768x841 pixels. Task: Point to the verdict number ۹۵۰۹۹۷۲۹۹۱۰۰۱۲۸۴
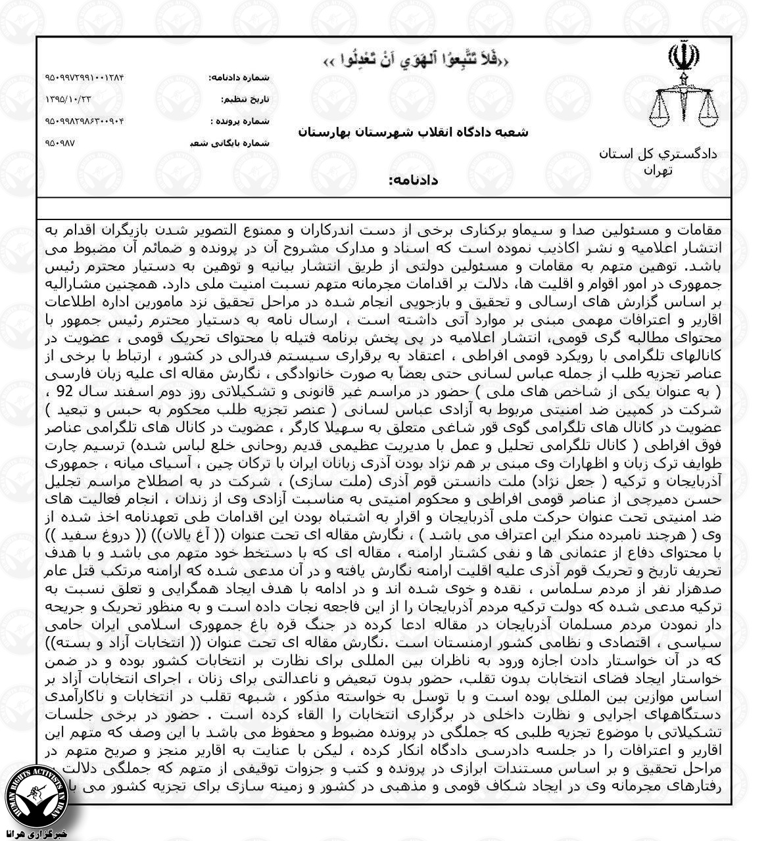[85, 78]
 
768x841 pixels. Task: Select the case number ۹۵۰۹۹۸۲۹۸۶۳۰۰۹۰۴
[85, 121]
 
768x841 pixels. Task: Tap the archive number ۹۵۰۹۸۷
[60, 142]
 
